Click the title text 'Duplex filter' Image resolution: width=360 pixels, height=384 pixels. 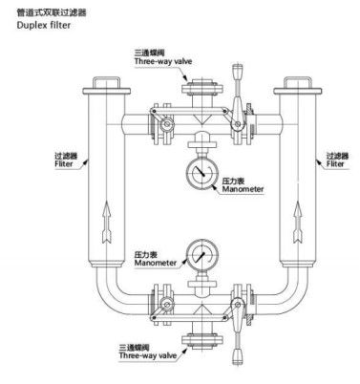44,25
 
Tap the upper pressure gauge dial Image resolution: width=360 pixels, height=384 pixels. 202,172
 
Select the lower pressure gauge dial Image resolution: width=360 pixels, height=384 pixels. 202,254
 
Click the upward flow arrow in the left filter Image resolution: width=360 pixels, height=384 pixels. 107,223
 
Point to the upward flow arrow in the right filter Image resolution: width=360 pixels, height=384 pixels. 298,222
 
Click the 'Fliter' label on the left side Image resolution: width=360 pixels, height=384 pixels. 64,164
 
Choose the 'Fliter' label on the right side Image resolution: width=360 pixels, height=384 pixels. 335,164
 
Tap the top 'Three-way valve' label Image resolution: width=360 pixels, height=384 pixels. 163,61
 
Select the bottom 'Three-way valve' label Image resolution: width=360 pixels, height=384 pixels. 148,355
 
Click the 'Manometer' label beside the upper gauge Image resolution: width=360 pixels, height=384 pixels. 243,189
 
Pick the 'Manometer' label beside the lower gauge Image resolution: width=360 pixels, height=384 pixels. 156,263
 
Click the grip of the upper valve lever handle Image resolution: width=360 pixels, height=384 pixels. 238,73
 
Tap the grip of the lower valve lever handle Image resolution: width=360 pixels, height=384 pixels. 238,357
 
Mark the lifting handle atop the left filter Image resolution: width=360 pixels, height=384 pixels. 106,81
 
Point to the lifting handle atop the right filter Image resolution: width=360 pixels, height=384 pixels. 297,81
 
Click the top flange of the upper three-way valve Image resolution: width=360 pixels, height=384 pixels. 201,88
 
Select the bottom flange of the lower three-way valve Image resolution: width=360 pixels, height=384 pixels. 202,340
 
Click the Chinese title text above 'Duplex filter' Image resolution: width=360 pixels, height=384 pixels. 52,12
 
